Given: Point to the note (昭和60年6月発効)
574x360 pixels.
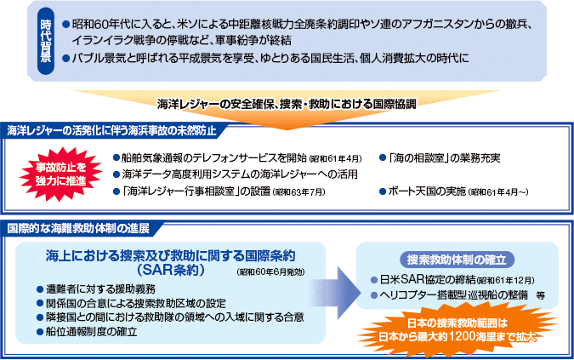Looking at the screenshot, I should pos(270,272).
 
